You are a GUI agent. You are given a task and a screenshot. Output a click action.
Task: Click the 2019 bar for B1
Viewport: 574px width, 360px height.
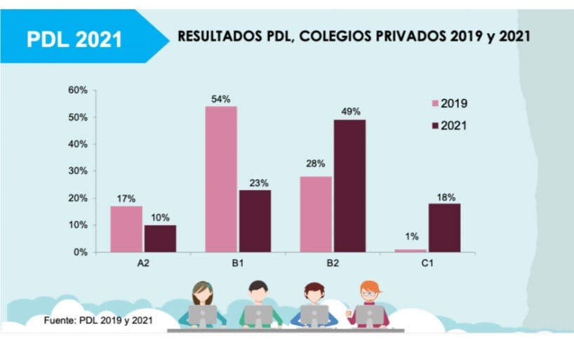tap(221, 179)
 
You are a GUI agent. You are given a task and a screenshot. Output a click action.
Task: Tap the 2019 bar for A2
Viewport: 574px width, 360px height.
tap(126, 229)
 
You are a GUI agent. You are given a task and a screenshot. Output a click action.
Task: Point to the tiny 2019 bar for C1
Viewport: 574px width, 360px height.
tap(411, 251)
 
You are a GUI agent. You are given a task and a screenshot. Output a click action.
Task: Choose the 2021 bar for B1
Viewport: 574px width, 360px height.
tap(255, 220)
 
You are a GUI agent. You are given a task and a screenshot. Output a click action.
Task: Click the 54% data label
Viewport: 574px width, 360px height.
tap(220, 99)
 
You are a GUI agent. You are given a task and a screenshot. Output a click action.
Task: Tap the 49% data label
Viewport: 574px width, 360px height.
tap(351, 112)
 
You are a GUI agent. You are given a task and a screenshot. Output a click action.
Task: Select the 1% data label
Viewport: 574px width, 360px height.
tap(411, 236)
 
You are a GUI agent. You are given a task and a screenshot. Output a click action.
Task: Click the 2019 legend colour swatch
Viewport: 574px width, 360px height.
tap(434, 104)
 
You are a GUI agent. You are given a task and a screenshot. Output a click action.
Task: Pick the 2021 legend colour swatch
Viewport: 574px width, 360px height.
tap(434, 126)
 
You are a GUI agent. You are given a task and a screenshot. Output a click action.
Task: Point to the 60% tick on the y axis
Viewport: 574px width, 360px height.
tap(77, 90)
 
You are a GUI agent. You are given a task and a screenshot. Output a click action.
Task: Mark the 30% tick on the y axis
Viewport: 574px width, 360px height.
tap(77, 171)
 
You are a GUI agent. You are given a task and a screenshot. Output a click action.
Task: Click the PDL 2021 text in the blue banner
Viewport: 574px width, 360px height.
tap(74, 39)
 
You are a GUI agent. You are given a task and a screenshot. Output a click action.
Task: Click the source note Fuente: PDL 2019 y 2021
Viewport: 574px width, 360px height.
tap(98, 320)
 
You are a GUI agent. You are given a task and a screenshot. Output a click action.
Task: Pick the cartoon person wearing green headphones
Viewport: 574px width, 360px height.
tap(203, 302)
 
